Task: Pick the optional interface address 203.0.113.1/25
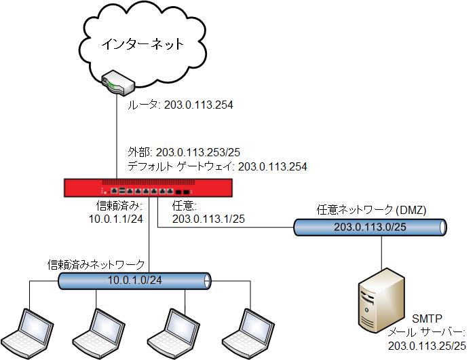pos(208,218)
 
